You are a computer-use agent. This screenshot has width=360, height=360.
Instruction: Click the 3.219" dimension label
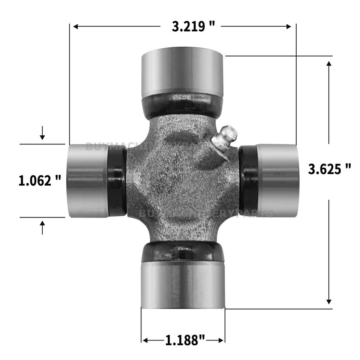point(193,27)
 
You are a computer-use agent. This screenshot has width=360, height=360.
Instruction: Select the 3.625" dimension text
point(329,169)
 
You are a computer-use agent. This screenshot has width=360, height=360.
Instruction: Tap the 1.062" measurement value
point(40,181)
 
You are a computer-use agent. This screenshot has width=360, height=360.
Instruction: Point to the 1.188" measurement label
point(185,340)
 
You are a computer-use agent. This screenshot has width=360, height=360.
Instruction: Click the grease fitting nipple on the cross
point(225,138)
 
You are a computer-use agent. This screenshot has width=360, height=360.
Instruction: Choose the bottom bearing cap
point(183,284)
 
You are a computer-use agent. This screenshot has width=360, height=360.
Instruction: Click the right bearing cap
point(277,181)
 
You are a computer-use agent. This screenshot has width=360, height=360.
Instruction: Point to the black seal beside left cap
point(117,181)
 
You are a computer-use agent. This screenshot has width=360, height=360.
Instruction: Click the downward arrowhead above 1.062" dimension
point(42,137)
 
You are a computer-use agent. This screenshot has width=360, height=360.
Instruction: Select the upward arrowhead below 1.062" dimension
point(42,223)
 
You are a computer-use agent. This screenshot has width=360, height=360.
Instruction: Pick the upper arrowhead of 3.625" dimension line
point(329,64)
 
